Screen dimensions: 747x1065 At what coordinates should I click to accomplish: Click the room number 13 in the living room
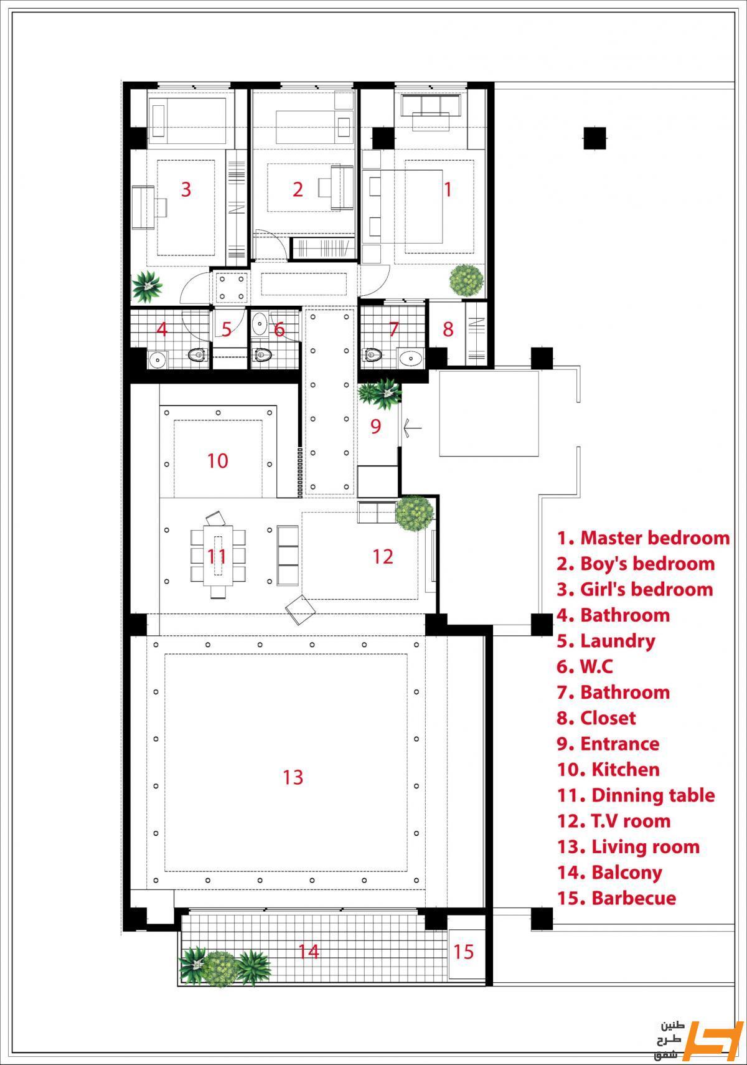(x=293, y=777)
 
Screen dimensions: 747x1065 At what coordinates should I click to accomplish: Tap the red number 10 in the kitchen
(x=218, y=461)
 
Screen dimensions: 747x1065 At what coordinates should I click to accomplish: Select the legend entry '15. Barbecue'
(x=617, y=898)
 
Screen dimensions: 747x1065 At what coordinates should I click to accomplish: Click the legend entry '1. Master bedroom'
(x=644, y=537)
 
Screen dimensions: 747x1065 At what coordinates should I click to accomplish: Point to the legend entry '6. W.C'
(x=585, y=666)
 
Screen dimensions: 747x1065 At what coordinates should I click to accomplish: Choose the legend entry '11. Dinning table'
(x=636, y=795)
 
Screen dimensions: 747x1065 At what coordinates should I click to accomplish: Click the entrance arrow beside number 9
(x=412, y=427)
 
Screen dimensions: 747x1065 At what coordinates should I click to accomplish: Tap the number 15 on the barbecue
(x=463, y=952)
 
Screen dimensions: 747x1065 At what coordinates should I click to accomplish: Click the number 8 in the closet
(x=448, y=329)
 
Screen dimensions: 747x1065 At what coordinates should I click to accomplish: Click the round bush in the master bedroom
(x=467, y=280)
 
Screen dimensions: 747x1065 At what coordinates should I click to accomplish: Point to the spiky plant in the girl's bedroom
(x=147, y=286)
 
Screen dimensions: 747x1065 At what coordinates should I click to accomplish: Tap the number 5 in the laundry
(x=226, y=329)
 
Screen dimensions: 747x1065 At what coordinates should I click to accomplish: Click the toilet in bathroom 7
(x=373, y=354)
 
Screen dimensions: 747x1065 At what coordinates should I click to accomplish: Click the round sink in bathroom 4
(x=157, y=359)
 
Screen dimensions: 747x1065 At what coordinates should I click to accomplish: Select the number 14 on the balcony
(x=308, y=952)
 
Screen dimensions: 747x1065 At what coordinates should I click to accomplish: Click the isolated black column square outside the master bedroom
(x=594, y=138)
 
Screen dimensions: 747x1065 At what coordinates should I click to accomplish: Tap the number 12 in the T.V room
(x=383, y=557)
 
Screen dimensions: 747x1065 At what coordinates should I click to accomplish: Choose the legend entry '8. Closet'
(x=596, y=718)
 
